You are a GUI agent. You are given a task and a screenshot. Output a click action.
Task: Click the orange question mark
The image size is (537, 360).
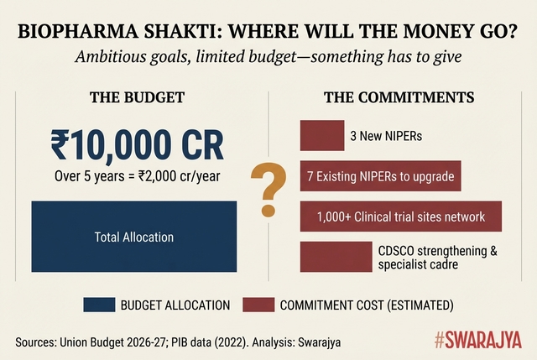pos(269,190)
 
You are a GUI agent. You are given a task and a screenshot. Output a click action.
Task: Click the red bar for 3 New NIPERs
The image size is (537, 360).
pos(322,134)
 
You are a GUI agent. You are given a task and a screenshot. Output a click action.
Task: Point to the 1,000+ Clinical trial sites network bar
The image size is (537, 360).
pos(400,217)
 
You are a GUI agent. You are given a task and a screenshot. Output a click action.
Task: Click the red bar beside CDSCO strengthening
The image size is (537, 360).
pos(335,257)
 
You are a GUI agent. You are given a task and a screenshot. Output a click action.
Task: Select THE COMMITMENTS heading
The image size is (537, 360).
pos(399,98)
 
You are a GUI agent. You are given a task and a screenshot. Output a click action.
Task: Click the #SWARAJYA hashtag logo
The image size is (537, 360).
pos(478,341)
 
